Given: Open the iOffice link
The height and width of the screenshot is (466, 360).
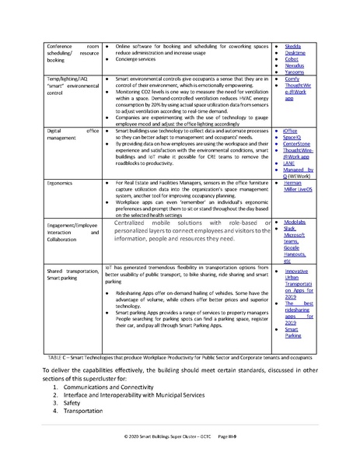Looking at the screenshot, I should click(293, 130).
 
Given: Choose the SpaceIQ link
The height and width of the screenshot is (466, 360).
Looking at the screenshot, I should click(294, 137).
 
